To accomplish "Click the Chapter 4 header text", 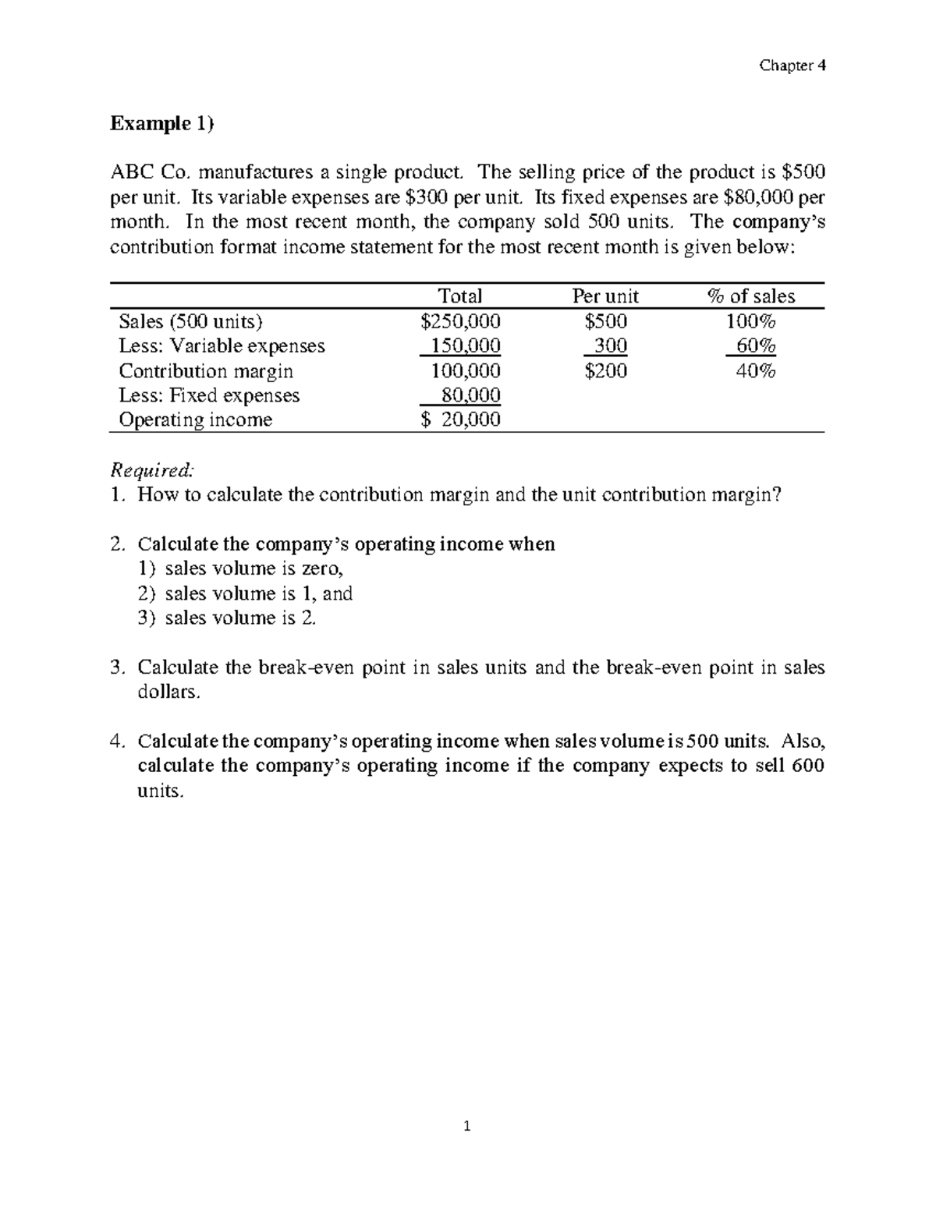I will (792, 66).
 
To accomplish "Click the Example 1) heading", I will (161, 123).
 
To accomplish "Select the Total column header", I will (460, 296).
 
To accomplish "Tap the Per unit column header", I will (605, 296).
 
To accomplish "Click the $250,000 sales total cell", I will (460, 321).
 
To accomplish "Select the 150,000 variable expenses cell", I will (466, 345).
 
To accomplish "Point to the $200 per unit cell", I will (605, 370).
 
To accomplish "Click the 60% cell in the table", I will (756, 345).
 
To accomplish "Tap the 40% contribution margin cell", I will (756, 370).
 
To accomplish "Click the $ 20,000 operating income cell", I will (460, 420).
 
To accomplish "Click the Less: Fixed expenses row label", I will (209, 395).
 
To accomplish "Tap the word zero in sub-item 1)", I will (321, 568).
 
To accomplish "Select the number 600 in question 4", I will (807, 765).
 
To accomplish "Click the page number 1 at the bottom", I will (467, 1126).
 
